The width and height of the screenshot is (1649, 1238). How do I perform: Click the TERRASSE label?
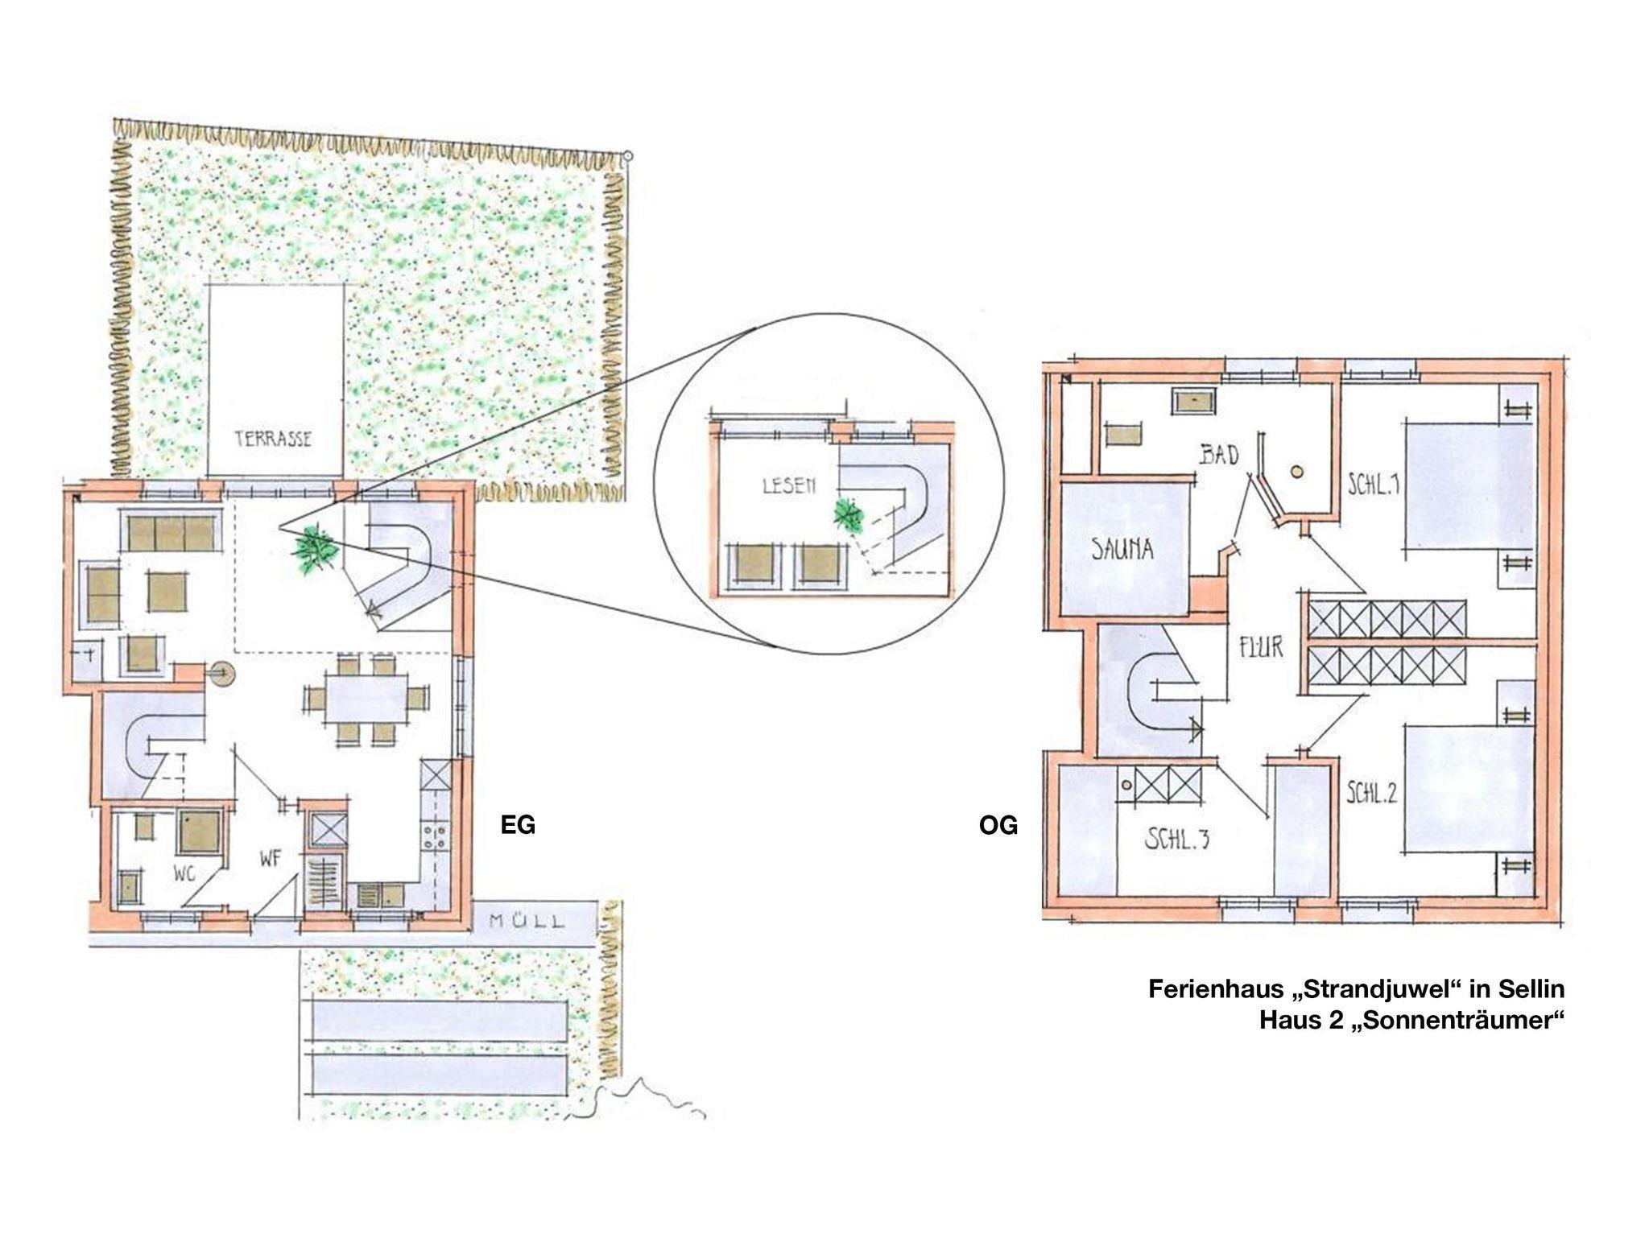[x=273, y=439]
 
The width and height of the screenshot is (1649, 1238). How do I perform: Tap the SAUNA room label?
[x=1122, y=549]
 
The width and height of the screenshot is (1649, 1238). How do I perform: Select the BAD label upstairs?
[x=1219, y=456]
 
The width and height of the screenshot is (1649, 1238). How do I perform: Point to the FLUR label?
[x=1261, y=646]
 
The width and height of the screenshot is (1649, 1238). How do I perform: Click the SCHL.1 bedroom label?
[x=1374, y=485]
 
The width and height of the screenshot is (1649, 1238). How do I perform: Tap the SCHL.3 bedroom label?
[x=1177, y=840]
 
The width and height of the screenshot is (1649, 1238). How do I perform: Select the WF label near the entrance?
[x=271, y=859]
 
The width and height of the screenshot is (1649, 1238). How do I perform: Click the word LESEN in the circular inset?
[x=788, y=485]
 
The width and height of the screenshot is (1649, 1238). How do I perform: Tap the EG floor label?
[x=518, y=825]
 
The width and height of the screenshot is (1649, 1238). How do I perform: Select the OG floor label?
[x=998, y=825]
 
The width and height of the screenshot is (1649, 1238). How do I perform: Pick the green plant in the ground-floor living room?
[x=315, y=550]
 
